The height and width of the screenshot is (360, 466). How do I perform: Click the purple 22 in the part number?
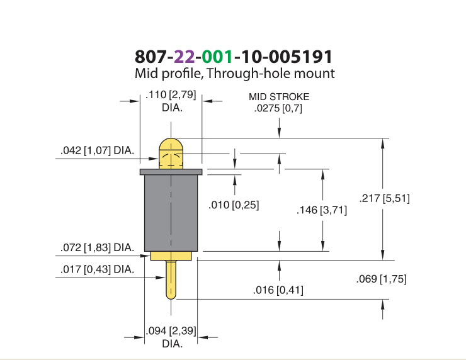pos(185,57)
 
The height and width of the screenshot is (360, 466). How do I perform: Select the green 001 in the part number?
pos(217,57)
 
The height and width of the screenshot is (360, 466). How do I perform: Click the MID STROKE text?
pos(279,97)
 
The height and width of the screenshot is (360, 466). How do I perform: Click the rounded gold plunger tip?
pos(171,154)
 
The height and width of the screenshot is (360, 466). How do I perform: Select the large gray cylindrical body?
pos(171,213)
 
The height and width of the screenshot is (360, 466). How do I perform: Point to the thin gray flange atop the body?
pos(171,172)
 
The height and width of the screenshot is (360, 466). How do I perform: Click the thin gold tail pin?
pos(171,280)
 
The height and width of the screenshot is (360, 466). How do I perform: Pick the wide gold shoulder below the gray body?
pos(171,256)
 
